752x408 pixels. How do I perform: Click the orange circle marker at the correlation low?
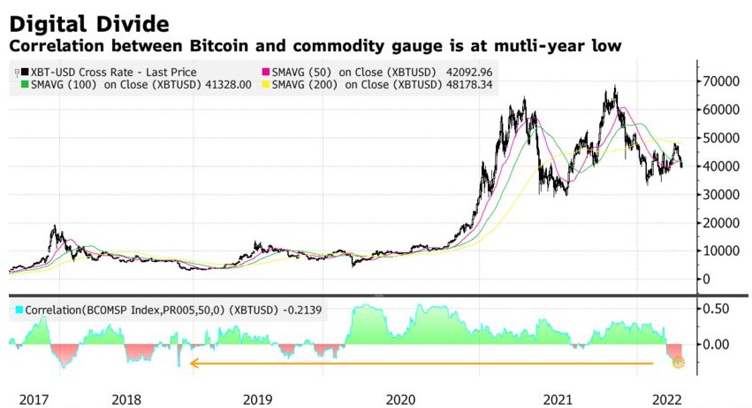[x=678, y=362]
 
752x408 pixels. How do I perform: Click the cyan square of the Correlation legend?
[x=20, y=310]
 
